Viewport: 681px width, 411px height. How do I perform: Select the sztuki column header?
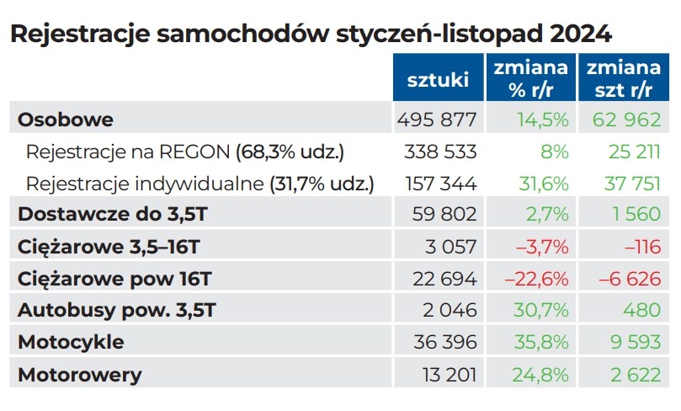pyautogui.click(x=438, y=80)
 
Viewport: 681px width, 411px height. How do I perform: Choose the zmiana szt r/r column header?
pyautogui.click(x=624, y=78)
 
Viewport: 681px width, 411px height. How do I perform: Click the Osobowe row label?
pyautogui.click(x=66, y=120)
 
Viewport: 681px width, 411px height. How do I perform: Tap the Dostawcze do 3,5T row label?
pyautogui.click(x=112, y=215)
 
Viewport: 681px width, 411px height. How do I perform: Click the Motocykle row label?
pyautogui.click(x=71, y=342)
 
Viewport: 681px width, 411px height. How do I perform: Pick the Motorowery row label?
pyautogui.click(x=80, y=374)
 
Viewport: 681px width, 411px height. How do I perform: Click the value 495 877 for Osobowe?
pyautogui.click(x=436, y=120)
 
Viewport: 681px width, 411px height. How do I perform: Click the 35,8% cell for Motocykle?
pyautogui.click(x=540, y=342)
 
